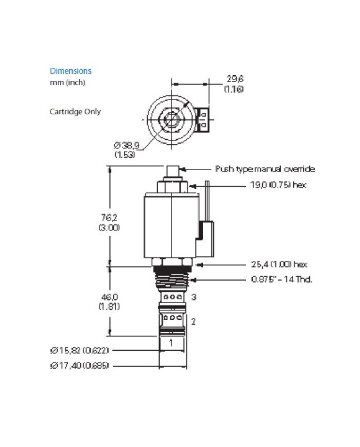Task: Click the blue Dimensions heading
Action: [70, 71]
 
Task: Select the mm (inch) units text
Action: [67, 82]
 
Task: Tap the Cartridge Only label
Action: [75, 111]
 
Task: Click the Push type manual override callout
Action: [265, 169]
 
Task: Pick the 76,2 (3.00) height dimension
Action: [109, 222]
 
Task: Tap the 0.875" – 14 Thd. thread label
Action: [281, 279]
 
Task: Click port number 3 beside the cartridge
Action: [194, 297]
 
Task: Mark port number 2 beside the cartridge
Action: [194, 322]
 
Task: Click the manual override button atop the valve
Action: [173, 171]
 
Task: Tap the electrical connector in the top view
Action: [202, 119]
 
